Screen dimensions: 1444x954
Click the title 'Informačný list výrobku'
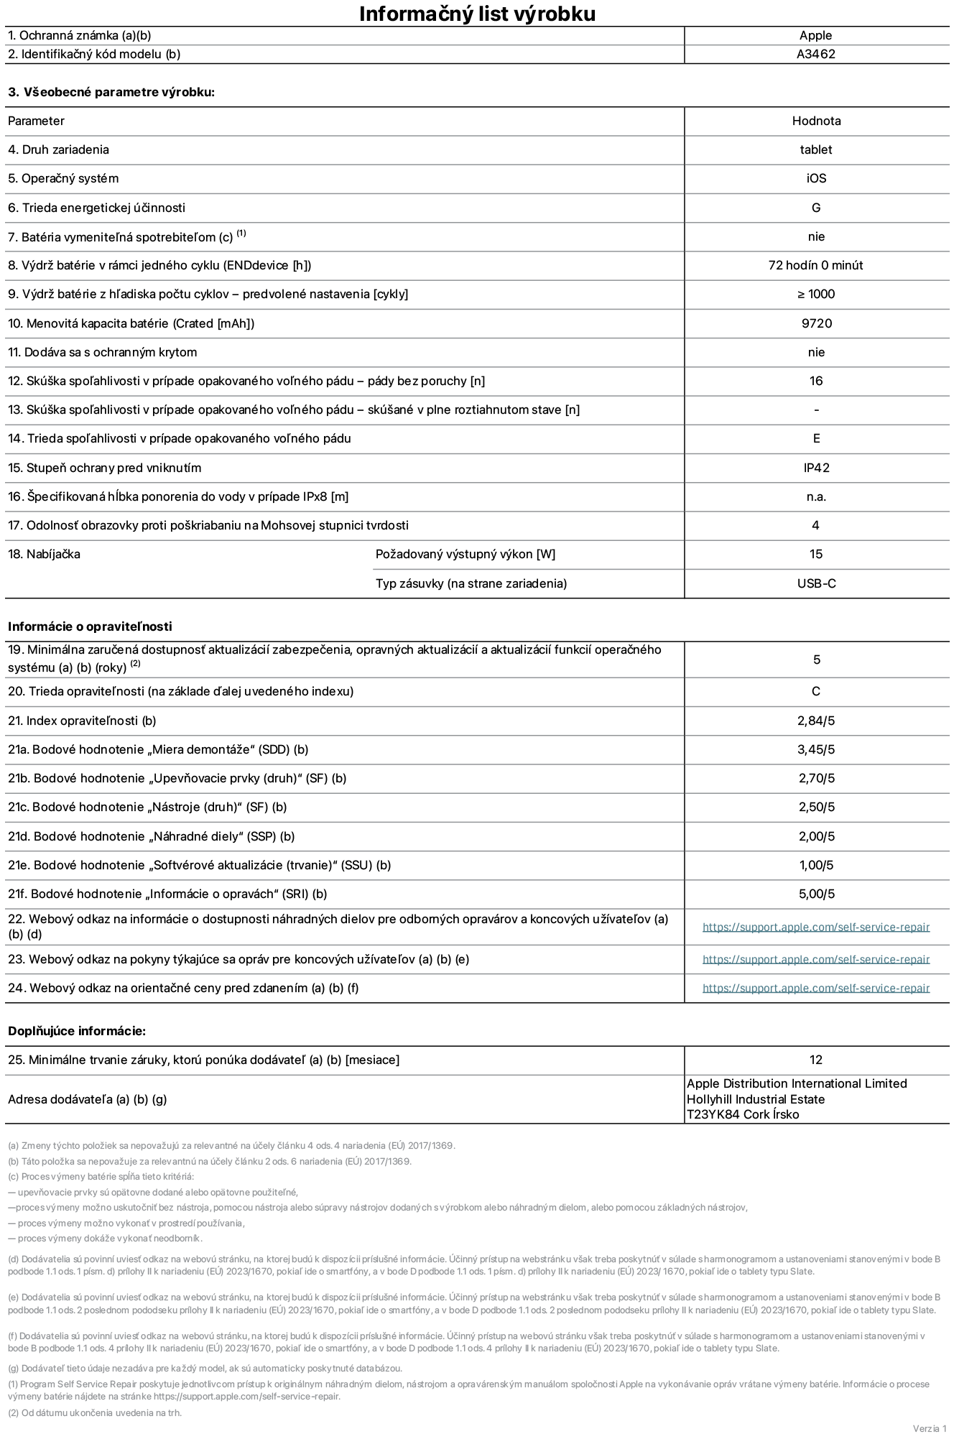point(477,14)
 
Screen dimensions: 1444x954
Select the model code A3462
point(815,54)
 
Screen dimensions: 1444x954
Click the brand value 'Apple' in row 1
point(815,35)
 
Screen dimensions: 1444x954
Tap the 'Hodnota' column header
point(816,121)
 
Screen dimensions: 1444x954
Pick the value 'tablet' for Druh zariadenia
point(815,149)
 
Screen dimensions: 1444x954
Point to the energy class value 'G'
point(815,208)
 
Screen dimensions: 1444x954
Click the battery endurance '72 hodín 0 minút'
point(815,265)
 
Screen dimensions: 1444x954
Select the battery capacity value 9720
point(816,323)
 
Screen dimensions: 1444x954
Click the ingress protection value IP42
point(816,468)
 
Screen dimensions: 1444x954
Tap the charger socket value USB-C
point(816,583)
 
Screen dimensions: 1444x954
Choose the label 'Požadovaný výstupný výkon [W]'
point(465,554)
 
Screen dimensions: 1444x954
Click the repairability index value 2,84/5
point(816,721)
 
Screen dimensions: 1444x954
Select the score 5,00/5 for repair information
point(816,894)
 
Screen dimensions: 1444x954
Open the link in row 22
point(815,927)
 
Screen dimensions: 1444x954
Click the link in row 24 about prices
point(815,988)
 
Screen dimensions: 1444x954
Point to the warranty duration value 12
point(815,1060)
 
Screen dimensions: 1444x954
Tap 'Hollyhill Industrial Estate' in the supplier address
point(755,1099)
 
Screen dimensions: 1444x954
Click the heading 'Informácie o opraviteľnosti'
point(90,626)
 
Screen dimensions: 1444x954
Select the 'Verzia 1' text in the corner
point(930,1428)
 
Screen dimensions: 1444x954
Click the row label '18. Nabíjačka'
point(44,554)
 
